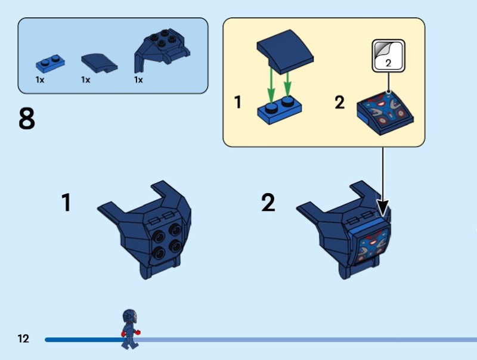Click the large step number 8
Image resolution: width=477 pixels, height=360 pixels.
[27, 119]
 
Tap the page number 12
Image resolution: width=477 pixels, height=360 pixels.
[23, 339]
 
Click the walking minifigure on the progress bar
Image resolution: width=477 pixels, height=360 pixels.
[130, 329]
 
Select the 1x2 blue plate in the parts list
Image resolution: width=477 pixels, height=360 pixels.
[50, 64]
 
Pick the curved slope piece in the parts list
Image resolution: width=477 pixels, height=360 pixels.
[99, 63]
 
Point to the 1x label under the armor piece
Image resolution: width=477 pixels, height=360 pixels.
[138, 80]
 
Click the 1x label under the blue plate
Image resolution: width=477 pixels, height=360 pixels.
[40, 80]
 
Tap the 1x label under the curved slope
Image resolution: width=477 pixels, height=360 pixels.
[85, 80]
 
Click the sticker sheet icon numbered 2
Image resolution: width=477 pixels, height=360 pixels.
[389, 56]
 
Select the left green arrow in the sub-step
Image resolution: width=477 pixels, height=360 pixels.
[271, 86]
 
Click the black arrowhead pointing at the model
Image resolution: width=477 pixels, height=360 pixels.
[383, 208]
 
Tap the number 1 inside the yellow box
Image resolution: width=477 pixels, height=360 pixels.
[238, 102]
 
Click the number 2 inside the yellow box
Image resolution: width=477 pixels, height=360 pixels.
[339, 103]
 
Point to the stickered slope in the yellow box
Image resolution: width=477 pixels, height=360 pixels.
[385, 113]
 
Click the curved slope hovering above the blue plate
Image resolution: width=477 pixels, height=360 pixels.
[285, 51]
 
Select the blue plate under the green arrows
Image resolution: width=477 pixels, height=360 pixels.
[280, 110]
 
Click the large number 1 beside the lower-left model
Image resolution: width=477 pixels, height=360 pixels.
[66, 202]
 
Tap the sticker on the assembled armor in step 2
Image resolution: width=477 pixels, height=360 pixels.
[373, 246]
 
